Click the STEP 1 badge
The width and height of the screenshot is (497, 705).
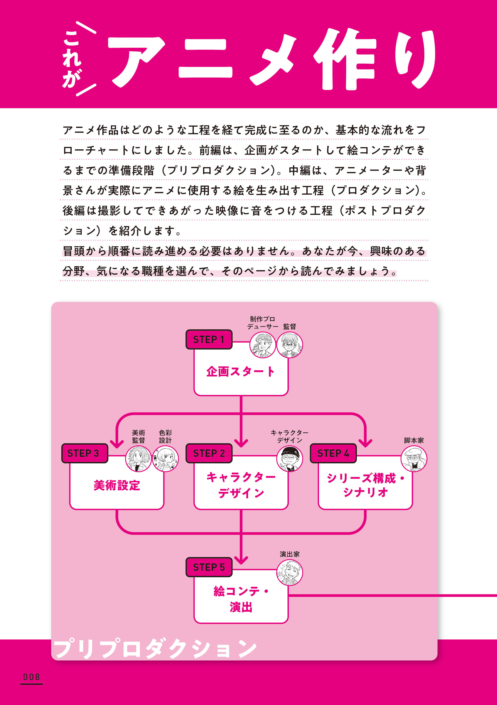click(x=209, y=339)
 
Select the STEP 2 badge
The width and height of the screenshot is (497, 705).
click(x=209, y=453)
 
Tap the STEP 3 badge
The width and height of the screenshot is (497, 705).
click(x=85, y=453)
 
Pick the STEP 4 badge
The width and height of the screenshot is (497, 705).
click(x=333, y=453)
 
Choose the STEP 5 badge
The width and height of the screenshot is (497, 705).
click(x=209, y=567)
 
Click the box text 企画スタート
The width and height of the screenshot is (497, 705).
click(x=241, y=372)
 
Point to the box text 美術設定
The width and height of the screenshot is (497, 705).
click(x=117, y=486)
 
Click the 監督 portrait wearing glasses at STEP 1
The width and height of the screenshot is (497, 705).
click(x=290, y=345)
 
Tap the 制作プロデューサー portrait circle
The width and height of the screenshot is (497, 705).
click(x=263, y=345)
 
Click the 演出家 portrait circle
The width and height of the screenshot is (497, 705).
click(x=290, y=572)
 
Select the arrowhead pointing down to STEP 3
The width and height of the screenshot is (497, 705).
click(x=117, y=443)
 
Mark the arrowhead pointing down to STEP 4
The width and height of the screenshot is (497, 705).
click(x=365, y=443)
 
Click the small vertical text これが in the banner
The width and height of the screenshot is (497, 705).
click(x=72, y=58)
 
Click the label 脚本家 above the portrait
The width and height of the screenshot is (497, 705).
click(x=414, y=440)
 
